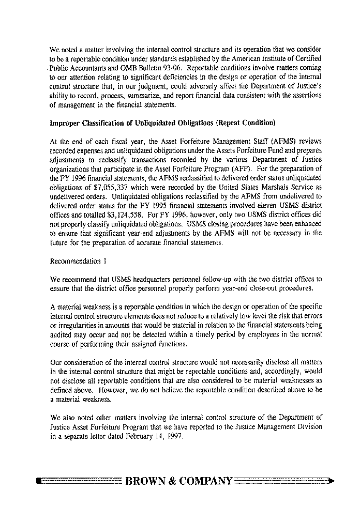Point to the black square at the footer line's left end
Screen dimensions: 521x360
tap(39, 481)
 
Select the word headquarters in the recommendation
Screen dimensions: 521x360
tap(139, 278)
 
